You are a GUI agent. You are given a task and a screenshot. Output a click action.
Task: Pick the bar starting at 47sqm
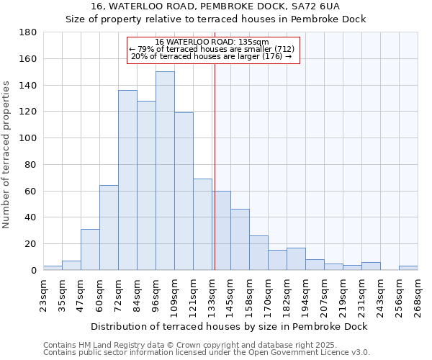pyautogui.click(x=90, y=249)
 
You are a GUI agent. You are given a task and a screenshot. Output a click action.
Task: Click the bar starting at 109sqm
pyautogui.click(x=184, y=191)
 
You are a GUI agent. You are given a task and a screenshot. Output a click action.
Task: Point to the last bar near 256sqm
pyautogui.click(x=408, y=268)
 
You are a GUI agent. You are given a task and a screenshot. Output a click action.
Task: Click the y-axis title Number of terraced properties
pyautogui.click(x=6, y=154)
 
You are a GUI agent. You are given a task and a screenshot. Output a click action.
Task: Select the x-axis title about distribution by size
pyautogui.click(x=230, y=326)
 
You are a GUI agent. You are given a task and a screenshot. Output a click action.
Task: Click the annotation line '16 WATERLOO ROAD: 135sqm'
pyautogui.click(x=212, y=42)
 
